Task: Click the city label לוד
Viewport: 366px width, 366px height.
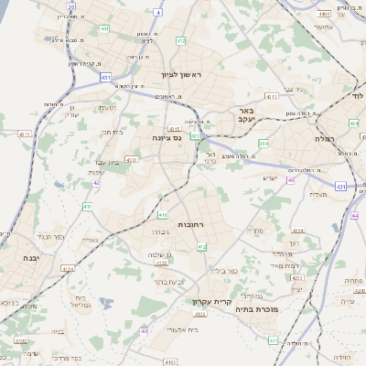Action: [x=357, y=93]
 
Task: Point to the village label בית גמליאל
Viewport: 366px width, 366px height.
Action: [x=81, y=302]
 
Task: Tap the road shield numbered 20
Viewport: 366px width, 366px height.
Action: [x=71, y=5]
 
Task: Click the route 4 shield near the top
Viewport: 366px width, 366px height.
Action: [x=157, y=13]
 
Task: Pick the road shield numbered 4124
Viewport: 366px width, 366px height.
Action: [x=67, y=268]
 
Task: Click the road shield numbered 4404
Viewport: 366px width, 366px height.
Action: [x=323, y=15]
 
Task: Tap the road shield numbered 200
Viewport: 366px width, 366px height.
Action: [x=264, y=143]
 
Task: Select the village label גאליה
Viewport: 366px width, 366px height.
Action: [x=90, y=241]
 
